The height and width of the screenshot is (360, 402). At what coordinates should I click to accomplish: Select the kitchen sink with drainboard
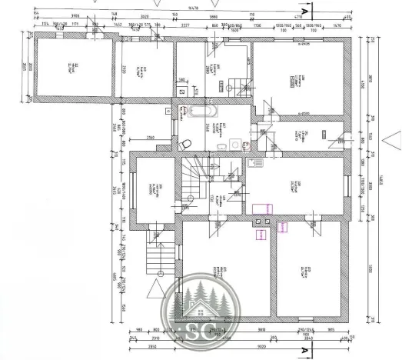255,163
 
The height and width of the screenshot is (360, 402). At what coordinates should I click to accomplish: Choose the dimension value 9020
261,346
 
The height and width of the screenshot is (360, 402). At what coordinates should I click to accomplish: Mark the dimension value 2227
185,25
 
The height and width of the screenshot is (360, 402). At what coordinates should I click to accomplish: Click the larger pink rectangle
264,208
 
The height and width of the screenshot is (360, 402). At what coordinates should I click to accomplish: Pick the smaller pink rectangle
282,226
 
